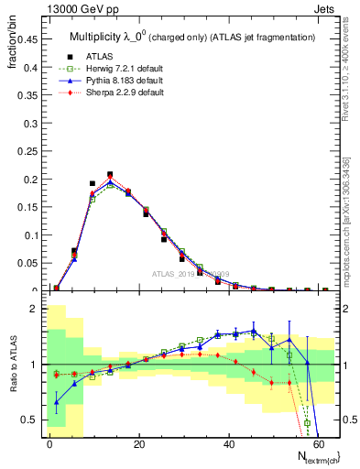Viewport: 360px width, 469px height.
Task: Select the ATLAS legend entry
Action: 103,58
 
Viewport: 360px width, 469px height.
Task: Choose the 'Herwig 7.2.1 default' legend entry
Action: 121,70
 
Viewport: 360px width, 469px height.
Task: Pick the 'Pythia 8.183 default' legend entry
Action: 120,82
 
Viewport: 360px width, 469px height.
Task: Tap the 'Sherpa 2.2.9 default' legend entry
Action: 121,93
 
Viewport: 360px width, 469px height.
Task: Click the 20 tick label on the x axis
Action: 138,443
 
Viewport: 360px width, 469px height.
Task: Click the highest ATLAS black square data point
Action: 110,174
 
